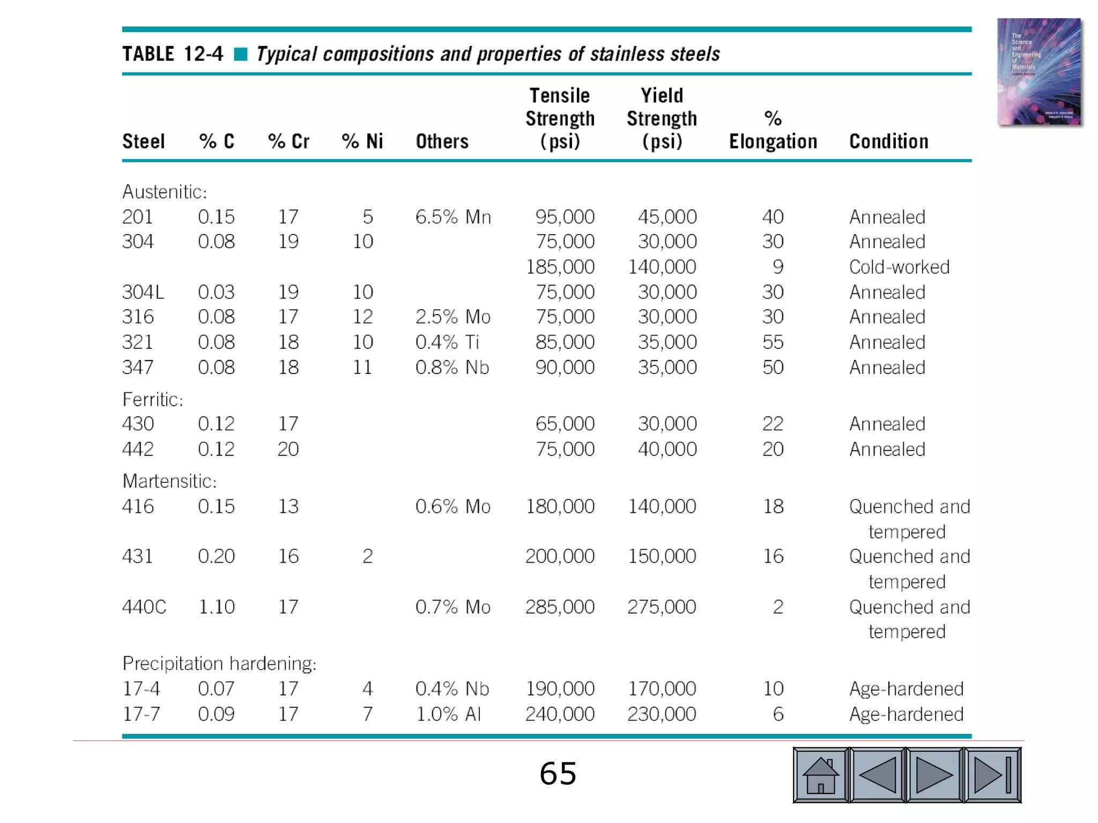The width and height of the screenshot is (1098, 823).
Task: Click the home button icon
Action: (820, 775)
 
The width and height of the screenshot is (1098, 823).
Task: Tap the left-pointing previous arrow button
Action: (878, 775)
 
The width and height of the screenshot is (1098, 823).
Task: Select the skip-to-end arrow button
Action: (992, 775)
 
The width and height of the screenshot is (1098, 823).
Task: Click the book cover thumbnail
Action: (1039, 72)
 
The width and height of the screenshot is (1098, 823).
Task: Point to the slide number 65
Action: (558, 774)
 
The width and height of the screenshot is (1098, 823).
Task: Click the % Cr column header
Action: (288, 141)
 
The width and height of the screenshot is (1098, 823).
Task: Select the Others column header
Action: (442, 141)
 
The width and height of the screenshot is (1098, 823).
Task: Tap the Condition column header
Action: (888, 141)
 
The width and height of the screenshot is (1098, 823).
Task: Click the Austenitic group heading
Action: (165, 192)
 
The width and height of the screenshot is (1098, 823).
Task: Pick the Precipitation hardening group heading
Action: (219, 663)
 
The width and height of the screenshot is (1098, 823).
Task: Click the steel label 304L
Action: (143, 292)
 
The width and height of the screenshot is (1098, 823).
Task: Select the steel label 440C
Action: (144, 607)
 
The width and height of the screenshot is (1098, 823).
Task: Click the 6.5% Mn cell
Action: (453, 217)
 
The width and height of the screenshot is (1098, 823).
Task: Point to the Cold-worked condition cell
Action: (899, 267)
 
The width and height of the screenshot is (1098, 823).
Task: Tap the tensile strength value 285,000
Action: (560, 607)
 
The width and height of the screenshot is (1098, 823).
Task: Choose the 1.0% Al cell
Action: (449, 714)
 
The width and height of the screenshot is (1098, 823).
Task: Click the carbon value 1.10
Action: (217, 607)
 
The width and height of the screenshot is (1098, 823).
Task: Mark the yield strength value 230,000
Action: (662, 714)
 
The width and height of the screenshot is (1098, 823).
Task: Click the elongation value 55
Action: (773, 342)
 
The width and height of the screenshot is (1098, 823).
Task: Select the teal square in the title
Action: (241, 54)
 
